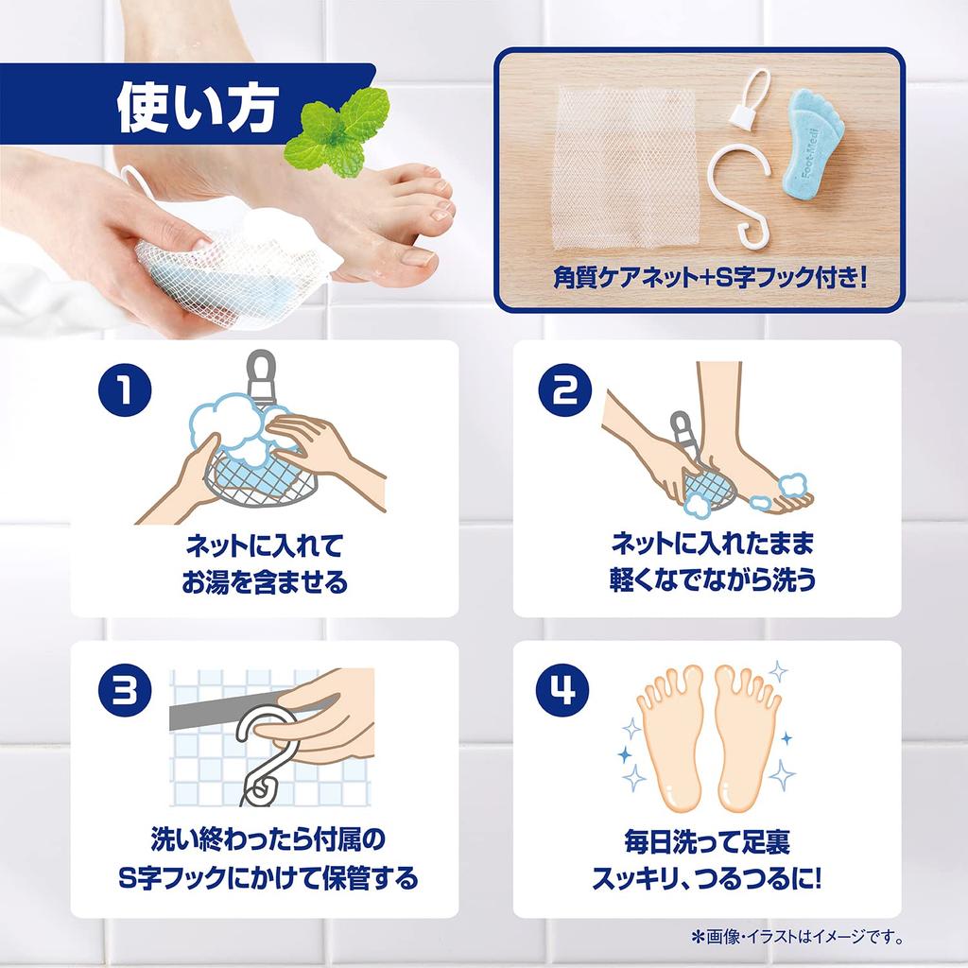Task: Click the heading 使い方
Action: point(198,108)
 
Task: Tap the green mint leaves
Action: point(337,132)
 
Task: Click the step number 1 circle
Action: point(125,389)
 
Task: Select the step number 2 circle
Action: point(565,389)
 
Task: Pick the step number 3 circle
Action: point(125,691)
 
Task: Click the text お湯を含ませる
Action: point(265,581)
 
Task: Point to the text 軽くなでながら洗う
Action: point(713,579)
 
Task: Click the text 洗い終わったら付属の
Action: point(268,839)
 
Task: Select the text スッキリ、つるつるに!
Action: point(707,878)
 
